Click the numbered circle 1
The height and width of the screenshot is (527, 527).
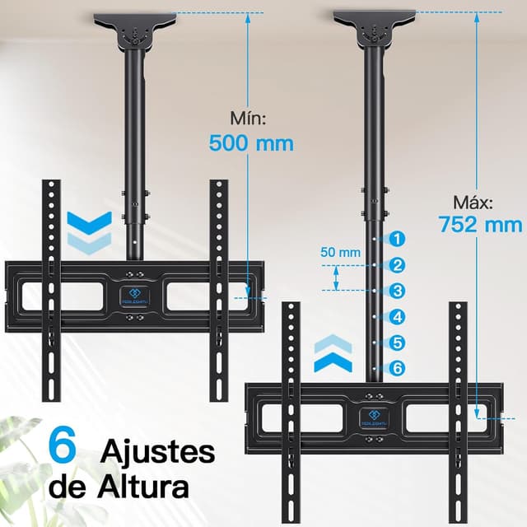pyautogui.click(x=398, y=240)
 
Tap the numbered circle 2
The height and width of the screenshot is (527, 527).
pyautogui.click(x=398, y=265)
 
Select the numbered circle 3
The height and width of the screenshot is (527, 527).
pyautogui.click(x=398, y=291)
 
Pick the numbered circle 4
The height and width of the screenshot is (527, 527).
pyautogui.click(x=398, y=316)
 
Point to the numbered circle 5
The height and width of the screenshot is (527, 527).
pyautogui.click(x=398, y=342)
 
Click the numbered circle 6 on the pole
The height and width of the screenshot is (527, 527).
pyautogui.click(x=398, y=368)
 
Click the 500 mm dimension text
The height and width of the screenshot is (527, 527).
pyautogui.click(x=251, y=142)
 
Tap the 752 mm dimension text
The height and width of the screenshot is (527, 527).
pyautogui.click(x=480, y=224)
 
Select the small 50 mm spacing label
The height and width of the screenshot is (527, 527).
pyautogui.click(x=341, y=252)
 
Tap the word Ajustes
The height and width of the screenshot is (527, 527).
pyautogui.click(x=159, y=451)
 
